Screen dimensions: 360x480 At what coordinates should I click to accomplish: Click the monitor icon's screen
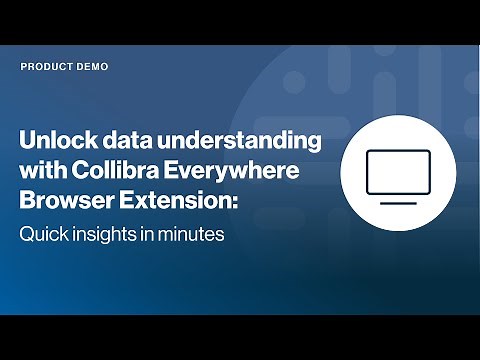(399, 172)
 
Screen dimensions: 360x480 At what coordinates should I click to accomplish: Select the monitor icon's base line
(399, 203)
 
